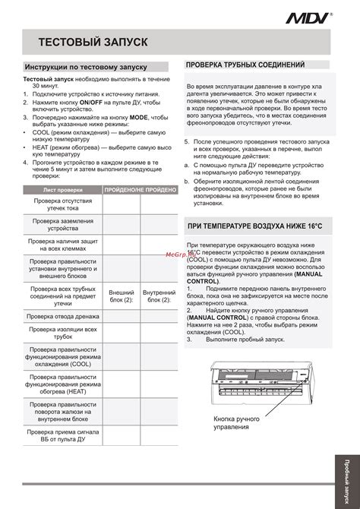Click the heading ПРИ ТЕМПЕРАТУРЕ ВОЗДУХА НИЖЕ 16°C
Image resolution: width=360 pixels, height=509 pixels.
point(254,227)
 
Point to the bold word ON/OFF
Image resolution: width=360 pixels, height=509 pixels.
point(91,101)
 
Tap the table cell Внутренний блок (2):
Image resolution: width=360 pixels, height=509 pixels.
point(159,296)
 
